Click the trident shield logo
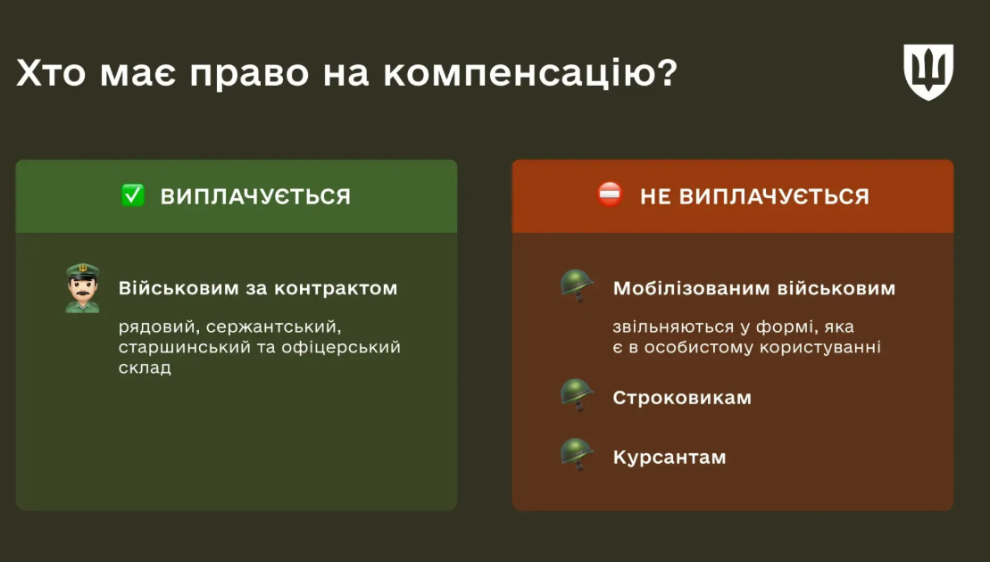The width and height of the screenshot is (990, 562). (928, 72)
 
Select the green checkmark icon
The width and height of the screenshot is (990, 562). (133, 195)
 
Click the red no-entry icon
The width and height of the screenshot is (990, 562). (610, 194)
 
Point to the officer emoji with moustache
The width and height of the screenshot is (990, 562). (83, 288)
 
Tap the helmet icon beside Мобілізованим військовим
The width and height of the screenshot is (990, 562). (577, 285)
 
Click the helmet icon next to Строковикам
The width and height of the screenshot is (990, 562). (577, 395)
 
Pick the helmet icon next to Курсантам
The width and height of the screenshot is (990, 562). (577, 454)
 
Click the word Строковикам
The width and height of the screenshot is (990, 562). (682, 398)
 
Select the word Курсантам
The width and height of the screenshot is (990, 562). (670, 458)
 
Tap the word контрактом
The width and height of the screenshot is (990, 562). (336, 288)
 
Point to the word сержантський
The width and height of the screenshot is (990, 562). (273, 327)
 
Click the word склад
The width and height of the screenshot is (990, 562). (145, 368)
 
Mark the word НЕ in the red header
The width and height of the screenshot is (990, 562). (655, 197)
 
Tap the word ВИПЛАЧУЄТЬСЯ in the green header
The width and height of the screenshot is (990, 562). (255, 197)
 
